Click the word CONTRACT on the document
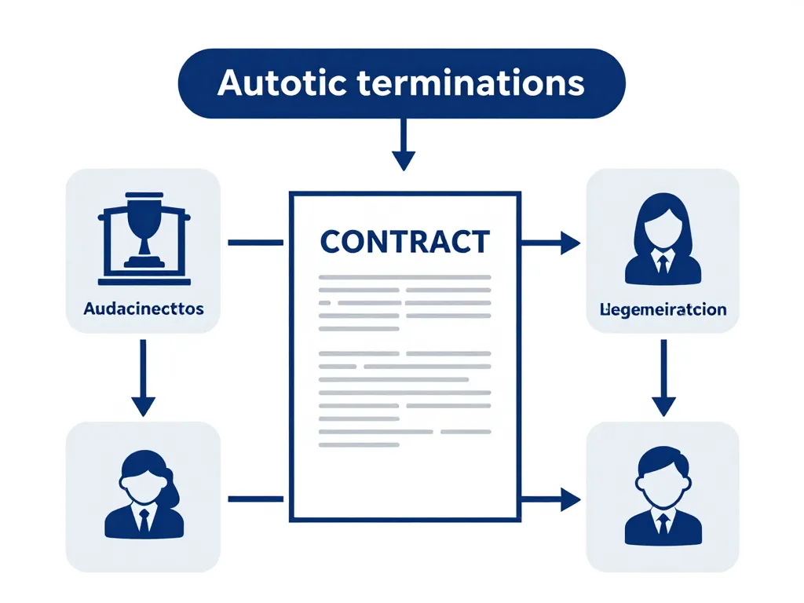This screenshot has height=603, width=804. [x=404, y=242]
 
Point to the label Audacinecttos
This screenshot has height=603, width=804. [x=144, y=309]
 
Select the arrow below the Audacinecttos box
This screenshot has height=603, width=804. [x=143, y=377]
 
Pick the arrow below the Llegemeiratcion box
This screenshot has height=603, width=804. [x=663, y=377]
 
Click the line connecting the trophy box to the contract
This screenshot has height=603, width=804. [x=255, y=243]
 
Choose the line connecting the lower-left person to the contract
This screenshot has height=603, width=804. [x=255, y=498]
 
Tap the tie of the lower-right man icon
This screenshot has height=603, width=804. [x=663, y=524]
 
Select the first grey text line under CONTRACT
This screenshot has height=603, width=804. [x=404, y=277]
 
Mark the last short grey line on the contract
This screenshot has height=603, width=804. [x=360, y=444]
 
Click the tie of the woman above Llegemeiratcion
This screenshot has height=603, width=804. [x=663, y=264]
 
